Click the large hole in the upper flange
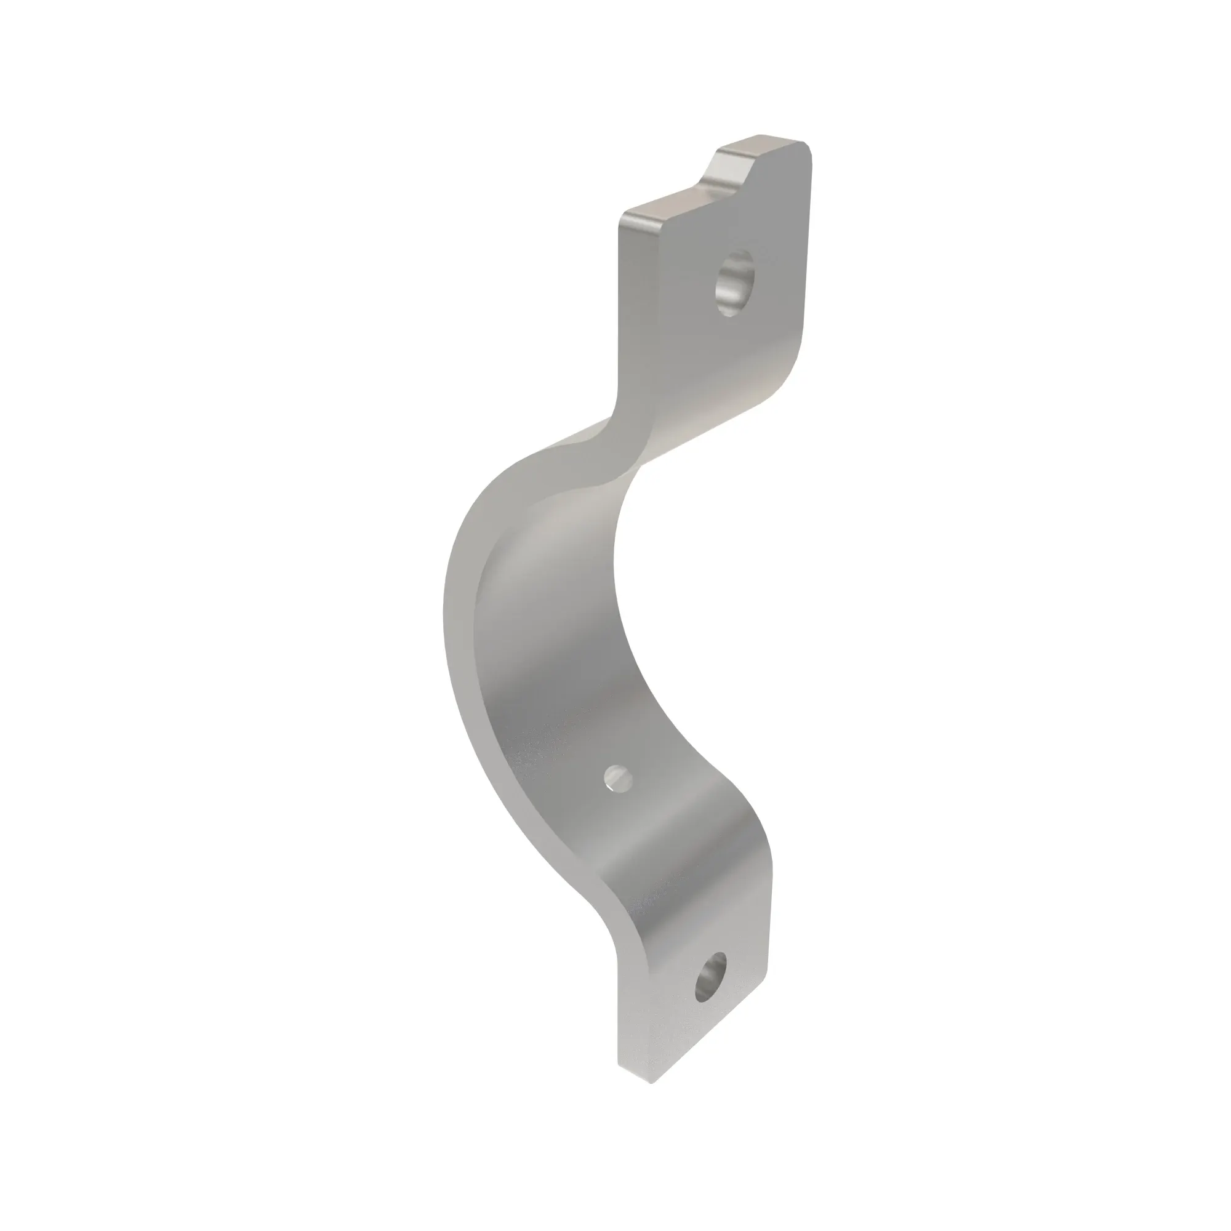(735, 284)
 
